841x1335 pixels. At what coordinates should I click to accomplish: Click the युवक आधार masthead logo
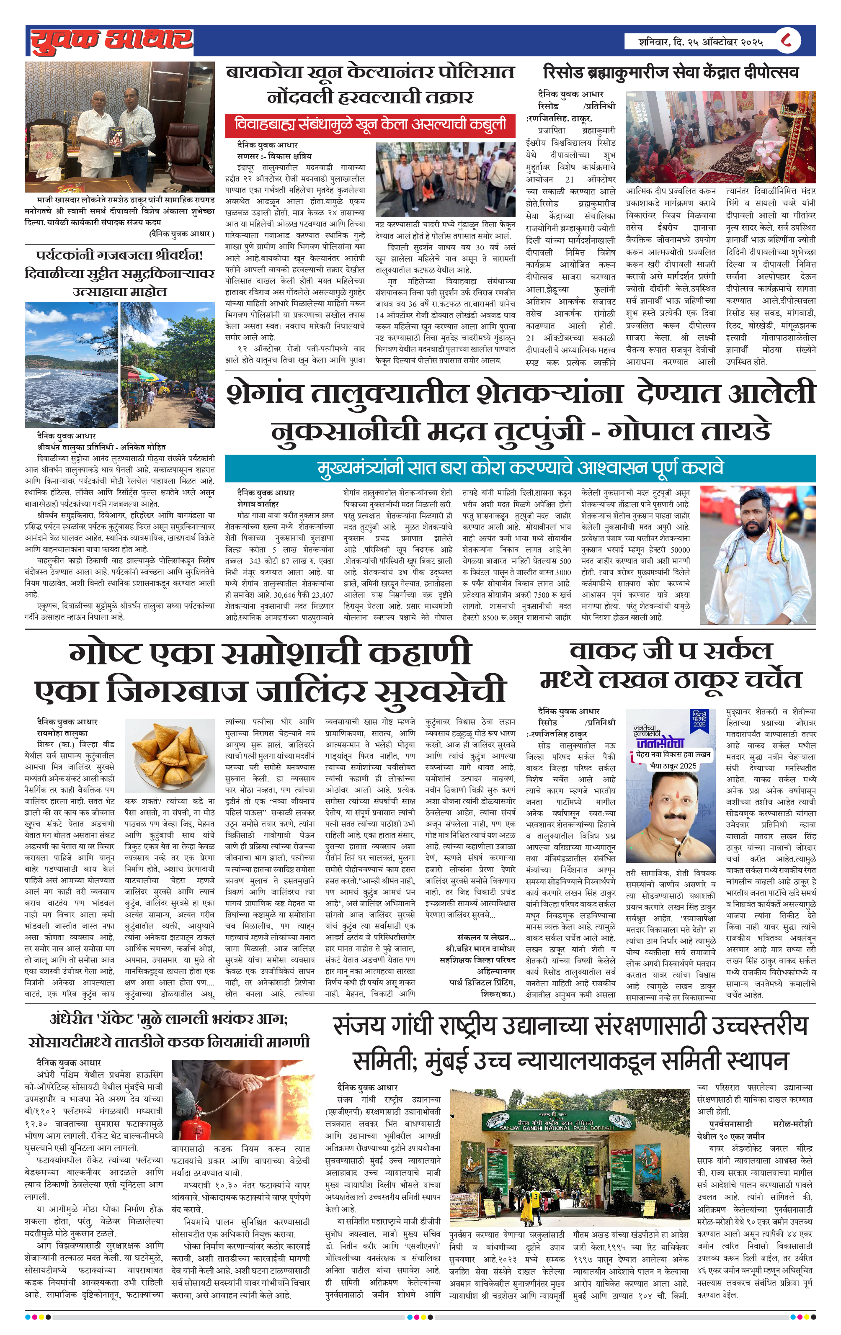click(111, 41)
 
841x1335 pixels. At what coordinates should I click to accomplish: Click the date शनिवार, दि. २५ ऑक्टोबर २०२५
click(700, 41)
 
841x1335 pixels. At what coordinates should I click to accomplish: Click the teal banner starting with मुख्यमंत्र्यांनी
click(520, 468)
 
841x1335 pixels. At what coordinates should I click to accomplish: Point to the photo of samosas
click(170, 754)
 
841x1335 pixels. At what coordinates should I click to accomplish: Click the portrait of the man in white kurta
click(757, 554)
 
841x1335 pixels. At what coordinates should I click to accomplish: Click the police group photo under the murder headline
click(445, 179)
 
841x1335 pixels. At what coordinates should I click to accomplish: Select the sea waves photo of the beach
click(71, 364)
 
